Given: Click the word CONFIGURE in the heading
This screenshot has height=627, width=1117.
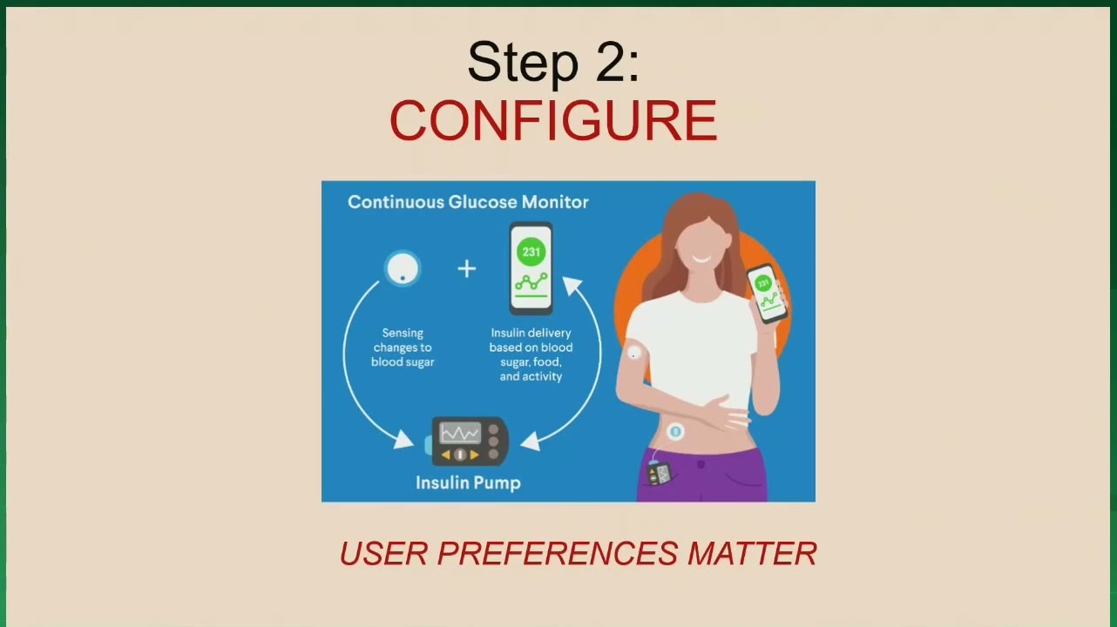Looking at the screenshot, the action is coord(553,121).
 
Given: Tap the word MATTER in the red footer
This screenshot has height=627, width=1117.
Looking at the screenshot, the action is coord(752,553).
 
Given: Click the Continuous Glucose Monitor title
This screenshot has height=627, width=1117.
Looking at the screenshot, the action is coord(468,202).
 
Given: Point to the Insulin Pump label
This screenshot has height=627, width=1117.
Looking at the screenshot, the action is coord(468,482).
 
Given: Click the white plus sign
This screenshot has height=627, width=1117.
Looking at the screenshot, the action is coord(467,268).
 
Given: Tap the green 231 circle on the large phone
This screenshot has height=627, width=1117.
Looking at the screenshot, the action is coord(531,252).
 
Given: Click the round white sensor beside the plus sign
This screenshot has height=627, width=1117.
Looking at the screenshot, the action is coord(403,268).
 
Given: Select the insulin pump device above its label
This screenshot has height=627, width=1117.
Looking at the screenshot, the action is coord(467,442).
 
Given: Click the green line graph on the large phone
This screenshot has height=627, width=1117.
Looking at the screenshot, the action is coord(531,282).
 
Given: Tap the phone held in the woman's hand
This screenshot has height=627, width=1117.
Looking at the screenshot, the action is coord(767,294).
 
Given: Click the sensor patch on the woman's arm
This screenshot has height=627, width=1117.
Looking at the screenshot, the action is coord(633,354).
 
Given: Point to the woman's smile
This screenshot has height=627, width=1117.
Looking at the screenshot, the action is coord(702,260).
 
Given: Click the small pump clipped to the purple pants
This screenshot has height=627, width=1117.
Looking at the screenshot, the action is coord(660,474).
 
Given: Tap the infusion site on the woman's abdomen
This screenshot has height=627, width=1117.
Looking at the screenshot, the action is coord(675,432).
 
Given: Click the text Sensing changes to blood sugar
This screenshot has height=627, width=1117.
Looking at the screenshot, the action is coord(403,347).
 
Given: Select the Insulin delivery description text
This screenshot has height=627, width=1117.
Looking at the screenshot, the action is coord(531,354).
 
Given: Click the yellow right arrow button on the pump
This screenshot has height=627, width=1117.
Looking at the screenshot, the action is coord(474,455).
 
